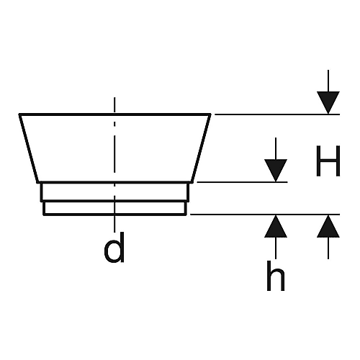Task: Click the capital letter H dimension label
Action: (x=328, y=161)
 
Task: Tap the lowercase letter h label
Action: (x=276, y=276)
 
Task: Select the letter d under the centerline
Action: (x=114, y=247)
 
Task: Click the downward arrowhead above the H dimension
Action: (x=328, y=102)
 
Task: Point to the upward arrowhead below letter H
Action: (x=328, y=226)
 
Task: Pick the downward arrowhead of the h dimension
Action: (x=276, y=171)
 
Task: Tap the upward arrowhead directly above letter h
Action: (x=276, y=226)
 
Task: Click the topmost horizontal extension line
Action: (x=277, y=114)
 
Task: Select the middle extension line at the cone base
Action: (x=242, y=182)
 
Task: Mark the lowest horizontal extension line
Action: (x=265, y=214)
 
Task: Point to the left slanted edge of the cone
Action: (x=29, y=148)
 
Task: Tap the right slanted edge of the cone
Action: (x=201, y=148)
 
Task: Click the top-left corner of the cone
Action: (x=19, y=114)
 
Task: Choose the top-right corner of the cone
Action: (x=211, y=114)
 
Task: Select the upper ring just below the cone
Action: (x=114, y=192)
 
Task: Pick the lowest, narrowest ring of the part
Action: (x=114, y=208)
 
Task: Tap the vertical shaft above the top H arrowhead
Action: (x=328, y=81)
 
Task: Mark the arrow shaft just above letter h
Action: (x=276, y=248)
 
